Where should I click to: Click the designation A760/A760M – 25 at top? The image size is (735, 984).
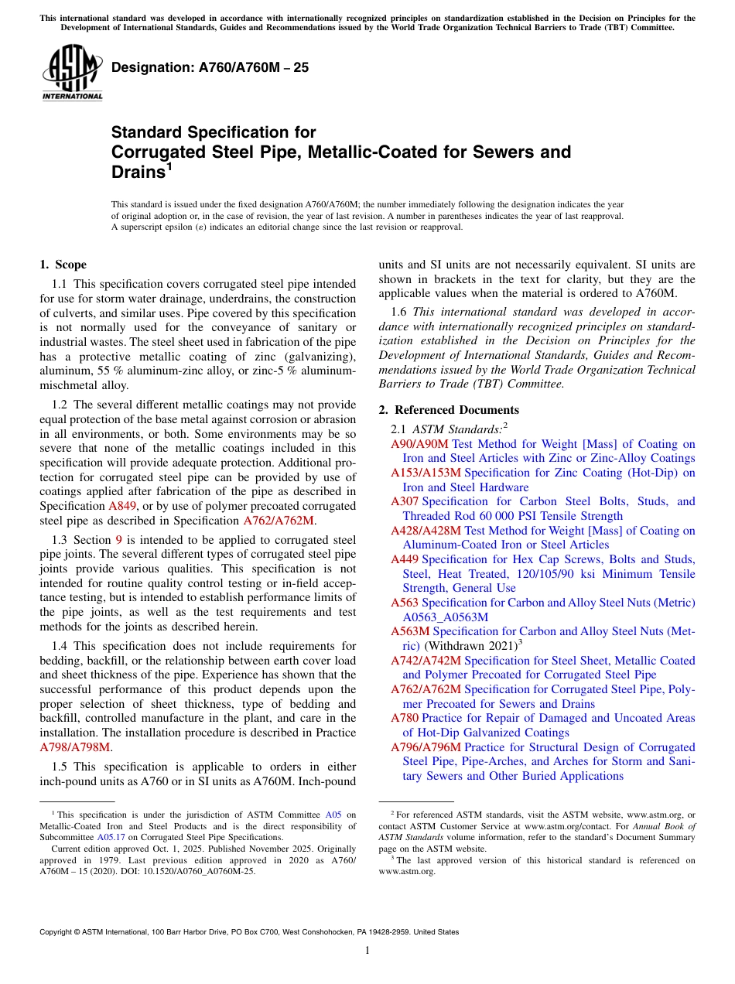210,67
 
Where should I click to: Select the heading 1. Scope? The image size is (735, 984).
63,265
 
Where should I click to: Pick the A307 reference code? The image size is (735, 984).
405,501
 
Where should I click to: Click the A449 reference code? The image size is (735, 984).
405,559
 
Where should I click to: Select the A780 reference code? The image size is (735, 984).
405,718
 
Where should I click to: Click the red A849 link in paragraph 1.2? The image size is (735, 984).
123,506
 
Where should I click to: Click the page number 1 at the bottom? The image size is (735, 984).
367,951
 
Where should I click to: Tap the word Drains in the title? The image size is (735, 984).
138,172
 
